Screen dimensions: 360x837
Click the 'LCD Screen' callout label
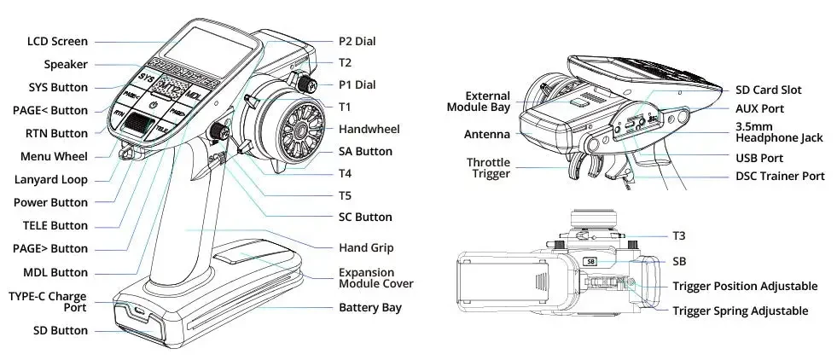[x=57, y=41]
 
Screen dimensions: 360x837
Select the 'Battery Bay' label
[x=369, y=307]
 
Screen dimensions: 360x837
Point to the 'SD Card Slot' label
[x=768, y=90]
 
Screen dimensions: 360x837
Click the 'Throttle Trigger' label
[x=488, y=168]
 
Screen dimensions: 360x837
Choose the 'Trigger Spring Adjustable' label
[x=740, y=311]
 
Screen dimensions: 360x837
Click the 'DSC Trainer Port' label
[x=780, y=176]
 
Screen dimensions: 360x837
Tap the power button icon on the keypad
[x=154, y=103]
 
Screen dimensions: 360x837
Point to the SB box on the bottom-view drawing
[x=589, y=262]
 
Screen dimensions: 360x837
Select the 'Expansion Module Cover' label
[x=375, y=277]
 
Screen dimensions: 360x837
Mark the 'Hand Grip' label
[x=365, y=247]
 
